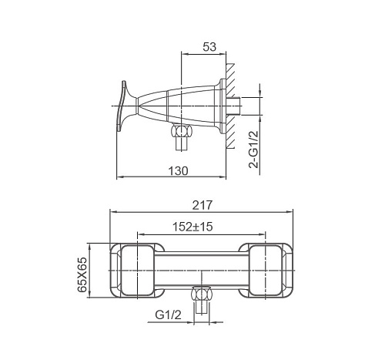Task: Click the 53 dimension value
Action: tap(209, 47)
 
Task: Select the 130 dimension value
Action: tap(178, 170)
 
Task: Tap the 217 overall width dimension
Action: tap(203, 205)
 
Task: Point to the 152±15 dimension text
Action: tap(192, 227)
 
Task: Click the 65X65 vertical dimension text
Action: tap(82, 274)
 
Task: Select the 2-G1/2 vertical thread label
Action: tap(253, 150)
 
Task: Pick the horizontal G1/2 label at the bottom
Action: tap(168, 315)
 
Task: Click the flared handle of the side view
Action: tap(126, 106)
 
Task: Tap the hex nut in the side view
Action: tap(182, 131)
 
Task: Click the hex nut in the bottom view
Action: tap(203, 294)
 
